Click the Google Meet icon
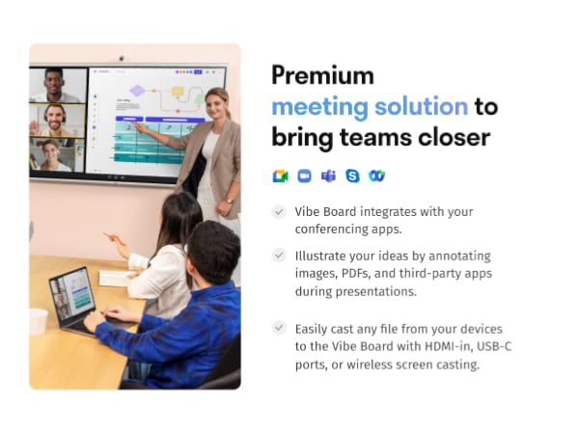point(280,176)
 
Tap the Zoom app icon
point(304,176)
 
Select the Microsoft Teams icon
point(328,176)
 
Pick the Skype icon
point(352,176)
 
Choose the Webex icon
point(376,176)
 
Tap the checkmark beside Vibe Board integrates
point(280,211)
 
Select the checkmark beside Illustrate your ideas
point(280,256)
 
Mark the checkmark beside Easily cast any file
point(280,328)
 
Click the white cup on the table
point(39,321)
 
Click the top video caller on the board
point(57,85)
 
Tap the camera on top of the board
point(121,58)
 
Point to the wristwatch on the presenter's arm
point(227,201)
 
